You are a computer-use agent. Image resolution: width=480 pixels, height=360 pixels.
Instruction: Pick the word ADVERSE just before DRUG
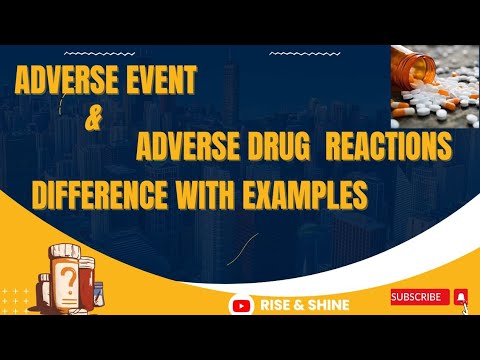[x=183, y=150]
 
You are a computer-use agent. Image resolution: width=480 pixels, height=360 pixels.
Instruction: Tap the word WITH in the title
[x=225, y=193]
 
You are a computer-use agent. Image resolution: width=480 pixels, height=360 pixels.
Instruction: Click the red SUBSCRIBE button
[x=418, y=296]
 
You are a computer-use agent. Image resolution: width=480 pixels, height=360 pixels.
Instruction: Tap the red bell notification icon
[x=461, y=296]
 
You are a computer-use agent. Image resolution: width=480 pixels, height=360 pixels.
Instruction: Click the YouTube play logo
[x=240, y=304]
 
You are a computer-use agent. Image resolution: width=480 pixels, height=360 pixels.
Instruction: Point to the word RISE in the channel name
[x=278, y=304]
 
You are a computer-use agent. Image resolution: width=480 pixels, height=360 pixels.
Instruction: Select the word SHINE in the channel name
[x=329, y=304]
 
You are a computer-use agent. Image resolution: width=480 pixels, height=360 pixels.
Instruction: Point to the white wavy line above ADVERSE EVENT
[x=96, y=50]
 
